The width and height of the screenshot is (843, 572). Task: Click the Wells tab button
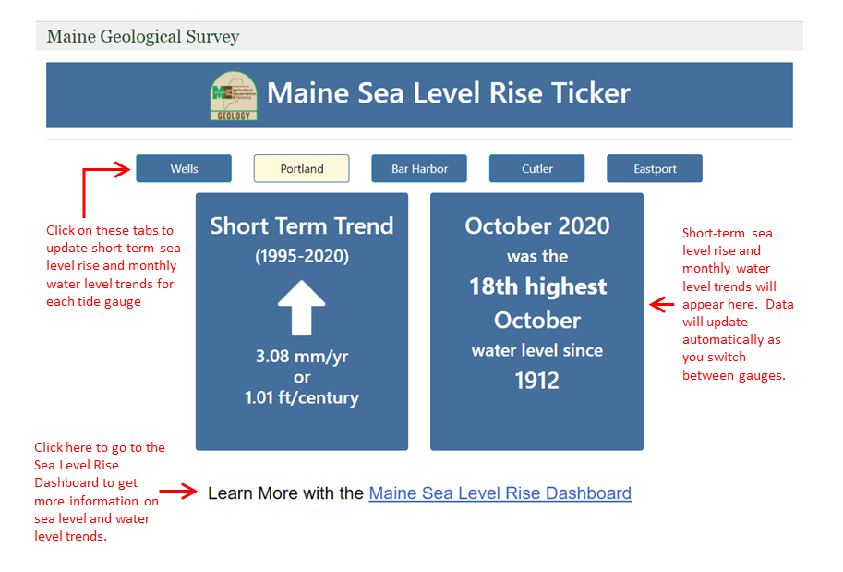tap(184, 168)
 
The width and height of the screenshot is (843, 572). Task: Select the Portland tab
tap(302, 168)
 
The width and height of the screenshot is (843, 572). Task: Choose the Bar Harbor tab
tap(419, 168)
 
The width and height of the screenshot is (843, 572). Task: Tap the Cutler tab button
tap(537, 168)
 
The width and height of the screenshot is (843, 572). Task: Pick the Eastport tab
tap(655, 168)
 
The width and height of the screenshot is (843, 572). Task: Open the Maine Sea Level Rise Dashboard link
tap(500, 493)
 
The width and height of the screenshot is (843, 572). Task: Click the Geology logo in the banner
tap(234, 96)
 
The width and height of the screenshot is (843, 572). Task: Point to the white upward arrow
tap(302, 308)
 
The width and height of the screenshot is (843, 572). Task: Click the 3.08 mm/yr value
tap(302, 356)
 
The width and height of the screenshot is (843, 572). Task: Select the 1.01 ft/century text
tap(302, 397)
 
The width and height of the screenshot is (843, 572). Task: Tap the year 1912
tap(537, 381)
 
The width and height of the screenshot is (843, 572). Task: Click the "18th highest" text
tap(537, 286)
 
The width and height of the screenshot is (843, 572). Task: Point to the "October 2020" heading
tap(537, 225)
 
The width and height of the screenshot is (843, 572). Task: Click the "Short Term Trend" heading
tap(302, 225)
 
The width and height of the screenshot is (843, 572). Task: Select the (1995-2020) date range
tap(302, 256)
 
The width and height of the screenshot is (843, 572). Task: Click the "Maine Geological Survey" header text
tap(143, 37)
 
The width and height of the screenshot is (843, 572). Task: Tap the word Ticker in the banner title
tap(591, 92)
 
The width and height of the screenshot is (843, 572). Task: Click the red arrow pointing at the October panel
tap(662, 305)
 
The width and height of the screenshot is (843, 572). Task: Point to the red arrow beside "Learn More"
tap(178, 491)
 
